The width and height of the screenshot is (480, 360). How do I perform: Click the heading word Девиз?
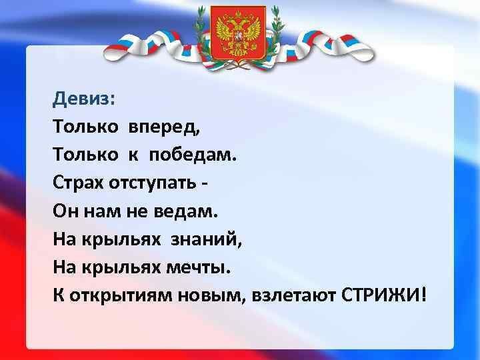81,99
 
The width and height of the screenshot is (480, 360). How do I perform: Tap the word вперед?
165,126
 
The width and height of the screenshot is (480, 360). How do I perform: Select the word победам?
192,153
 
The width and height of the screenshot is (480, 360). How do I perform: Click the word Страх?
79,183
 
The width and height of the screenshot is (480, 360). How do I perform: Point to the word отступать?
153,183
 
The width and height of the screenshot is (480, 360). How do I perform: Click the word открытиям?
120,296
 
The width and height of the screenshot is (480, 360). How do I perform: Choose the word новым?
210,296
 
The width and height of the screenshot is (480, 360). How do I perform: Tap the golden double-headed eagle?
238,33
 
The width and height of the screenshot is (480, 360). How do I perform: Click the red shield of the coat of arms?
238,34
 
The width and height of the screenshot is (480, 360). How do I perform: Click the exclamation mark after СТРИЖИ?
423,295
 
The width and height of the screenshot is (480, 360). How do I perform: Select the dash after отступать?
205,184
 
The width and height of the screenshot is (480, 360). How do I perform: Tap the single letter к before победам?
133,155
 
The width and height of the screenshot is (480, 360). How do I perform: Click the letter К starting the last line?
59,295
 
